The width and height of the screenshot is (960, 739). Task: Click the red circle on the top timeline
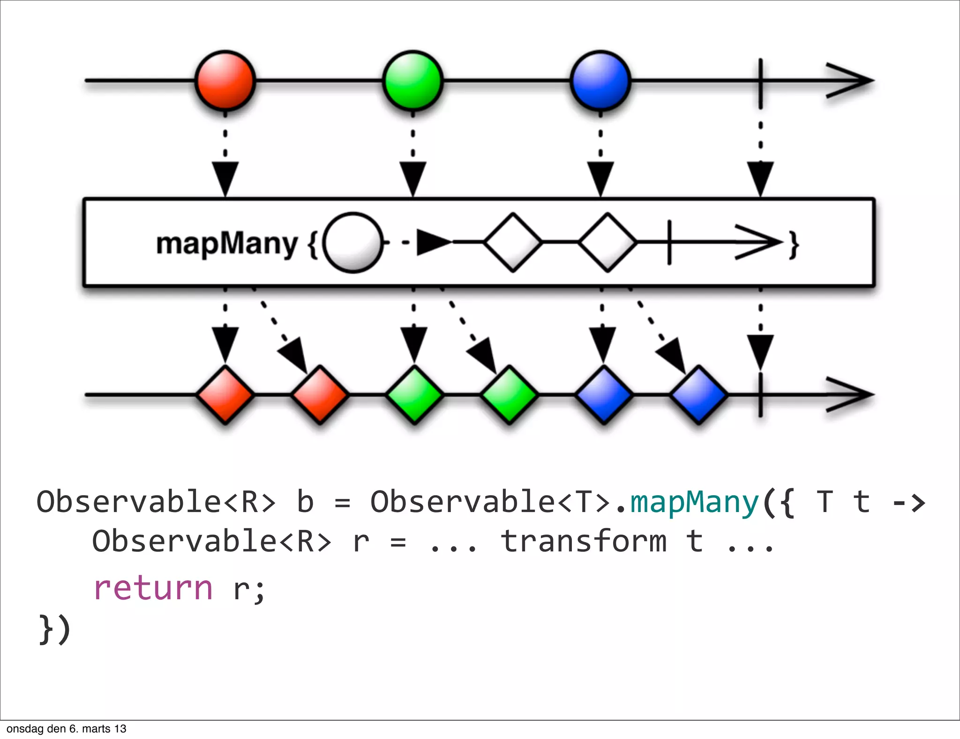(225, 81)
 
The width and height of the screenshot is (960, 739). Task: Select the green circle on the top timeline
(413, 81)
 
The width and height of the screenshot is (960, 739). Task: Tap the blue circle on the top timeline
(600, 81)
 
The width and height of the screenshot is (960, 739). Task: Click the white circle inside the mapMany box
(353, 242)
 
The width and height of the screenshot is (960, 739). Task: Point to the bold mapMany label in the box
(227, 244)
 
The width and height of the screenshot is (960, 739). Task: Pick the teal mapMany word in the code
(694, 502)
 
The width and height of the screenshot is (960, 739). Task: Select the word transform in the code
(584, 541)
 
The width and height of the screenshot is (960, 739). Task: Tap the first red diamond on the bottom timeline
(225, 395)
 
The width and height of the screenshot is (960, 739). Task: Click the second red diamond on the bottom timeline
(320, 395)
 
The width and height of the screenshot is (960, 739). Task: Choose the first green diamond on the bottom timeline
(414, 395)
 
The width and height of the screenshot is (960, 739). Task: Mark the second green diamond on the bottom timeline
(509, 395)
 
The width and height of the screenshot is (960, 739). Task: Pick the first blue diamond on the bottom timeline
(604, 395)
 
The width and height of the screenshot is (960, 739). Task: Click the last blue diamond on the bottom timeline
(698, 395)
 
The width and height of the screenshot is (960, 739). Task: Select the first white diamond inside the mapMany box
(513, 242)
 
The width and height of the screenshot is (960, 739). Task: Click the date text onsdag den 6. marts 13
(67, 729)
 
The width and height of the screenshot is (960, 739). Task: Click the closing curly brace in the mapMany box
(794, 244)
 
